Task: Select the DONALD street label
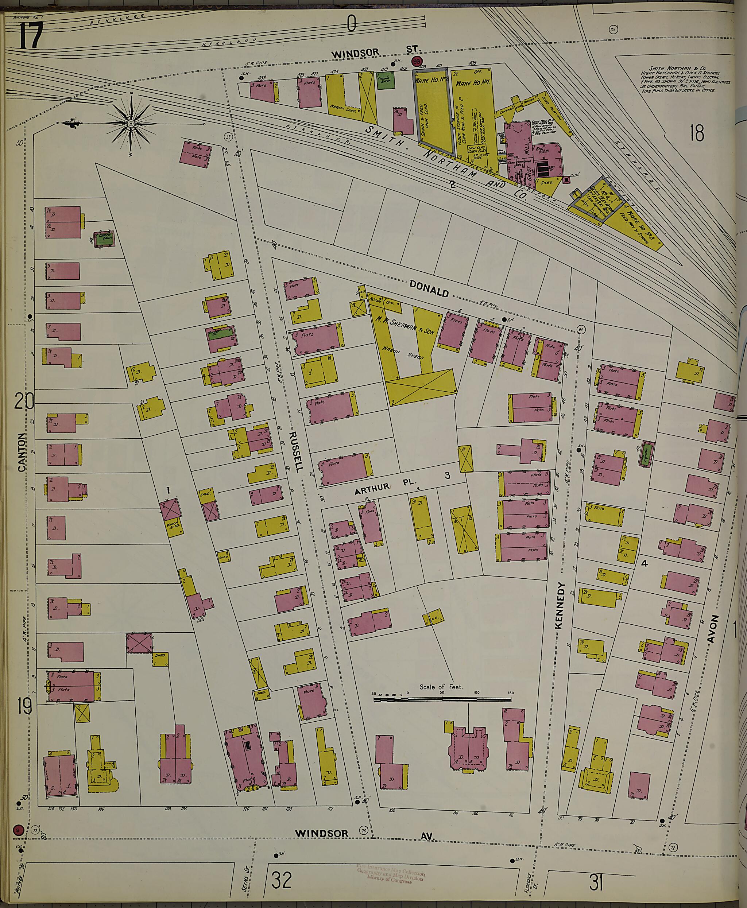click(x=429, y=288)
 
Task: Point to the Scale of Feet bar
click(x=442, y=700)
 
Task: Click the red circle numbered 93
click(x=416, y=61)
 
